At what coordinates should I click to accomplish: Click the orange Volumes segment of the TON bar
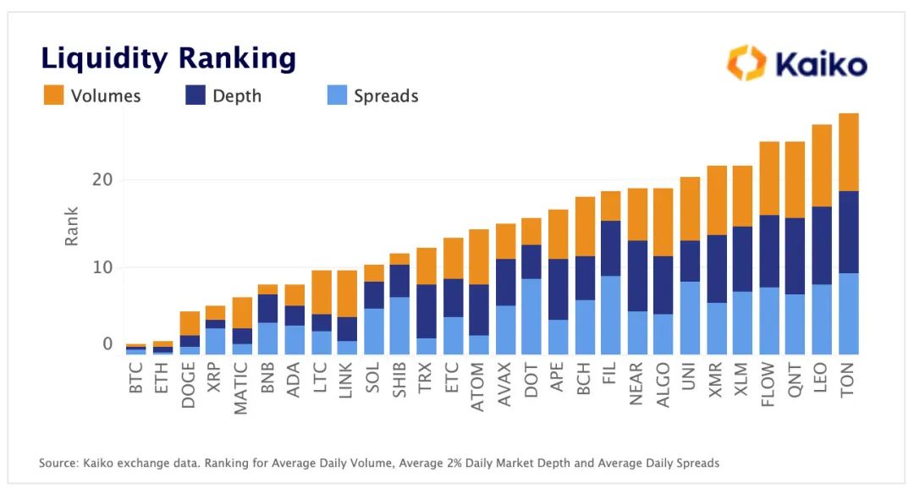(848, 152)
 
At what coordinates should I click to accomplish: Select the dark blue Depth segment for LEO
(822, 245)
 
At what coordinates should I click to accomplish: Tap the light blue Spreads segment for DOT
(531, 316)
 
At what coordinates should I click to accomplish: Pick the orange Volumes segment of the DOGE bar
(190, 323)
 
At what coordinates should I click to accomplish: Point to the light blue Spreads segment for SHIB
(399, 326)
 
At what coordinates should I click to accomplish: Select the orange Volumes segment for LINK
(347, 294)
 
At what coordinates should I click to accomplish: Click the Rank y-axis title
(72, 226)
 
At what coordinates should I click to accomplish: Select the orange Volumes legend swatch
(53, 96)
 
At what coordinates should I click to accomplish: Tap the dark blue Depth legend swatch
(195, 96)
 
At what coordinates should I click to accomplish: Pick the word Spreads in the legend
(386, 96)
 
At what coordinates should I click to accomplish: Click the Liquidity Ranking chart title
(168, 58)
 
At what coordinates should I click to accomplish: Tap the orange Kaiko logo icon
(746, 63)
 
